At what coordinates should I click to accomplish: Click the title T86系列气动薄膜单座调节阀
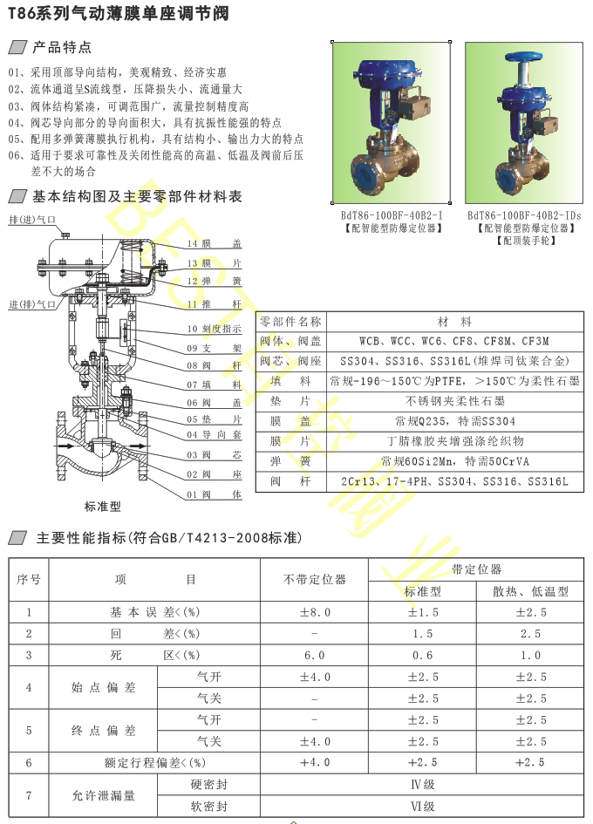(x=119, y=12)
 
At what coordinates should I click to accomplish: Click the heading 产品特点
(x=61, y=47)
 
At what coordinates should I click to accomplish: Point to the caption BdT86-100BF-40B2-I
(x=392, y=215)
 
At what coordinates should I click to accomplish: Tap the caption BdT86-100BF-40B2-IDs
(x=523, y=215)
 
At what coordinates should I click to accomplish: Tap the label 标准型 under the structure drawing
(x=102, y=507)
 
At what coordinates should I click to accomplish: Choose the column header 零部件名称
(x=290, y=321)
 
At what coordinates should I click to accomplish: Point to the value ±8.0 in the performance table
(x=315, y=613)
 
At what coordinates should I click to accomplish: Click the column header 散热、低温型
(x=530, y=591)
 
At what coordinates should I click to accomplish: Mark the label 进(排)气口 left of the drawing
(x=31, y=304)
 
